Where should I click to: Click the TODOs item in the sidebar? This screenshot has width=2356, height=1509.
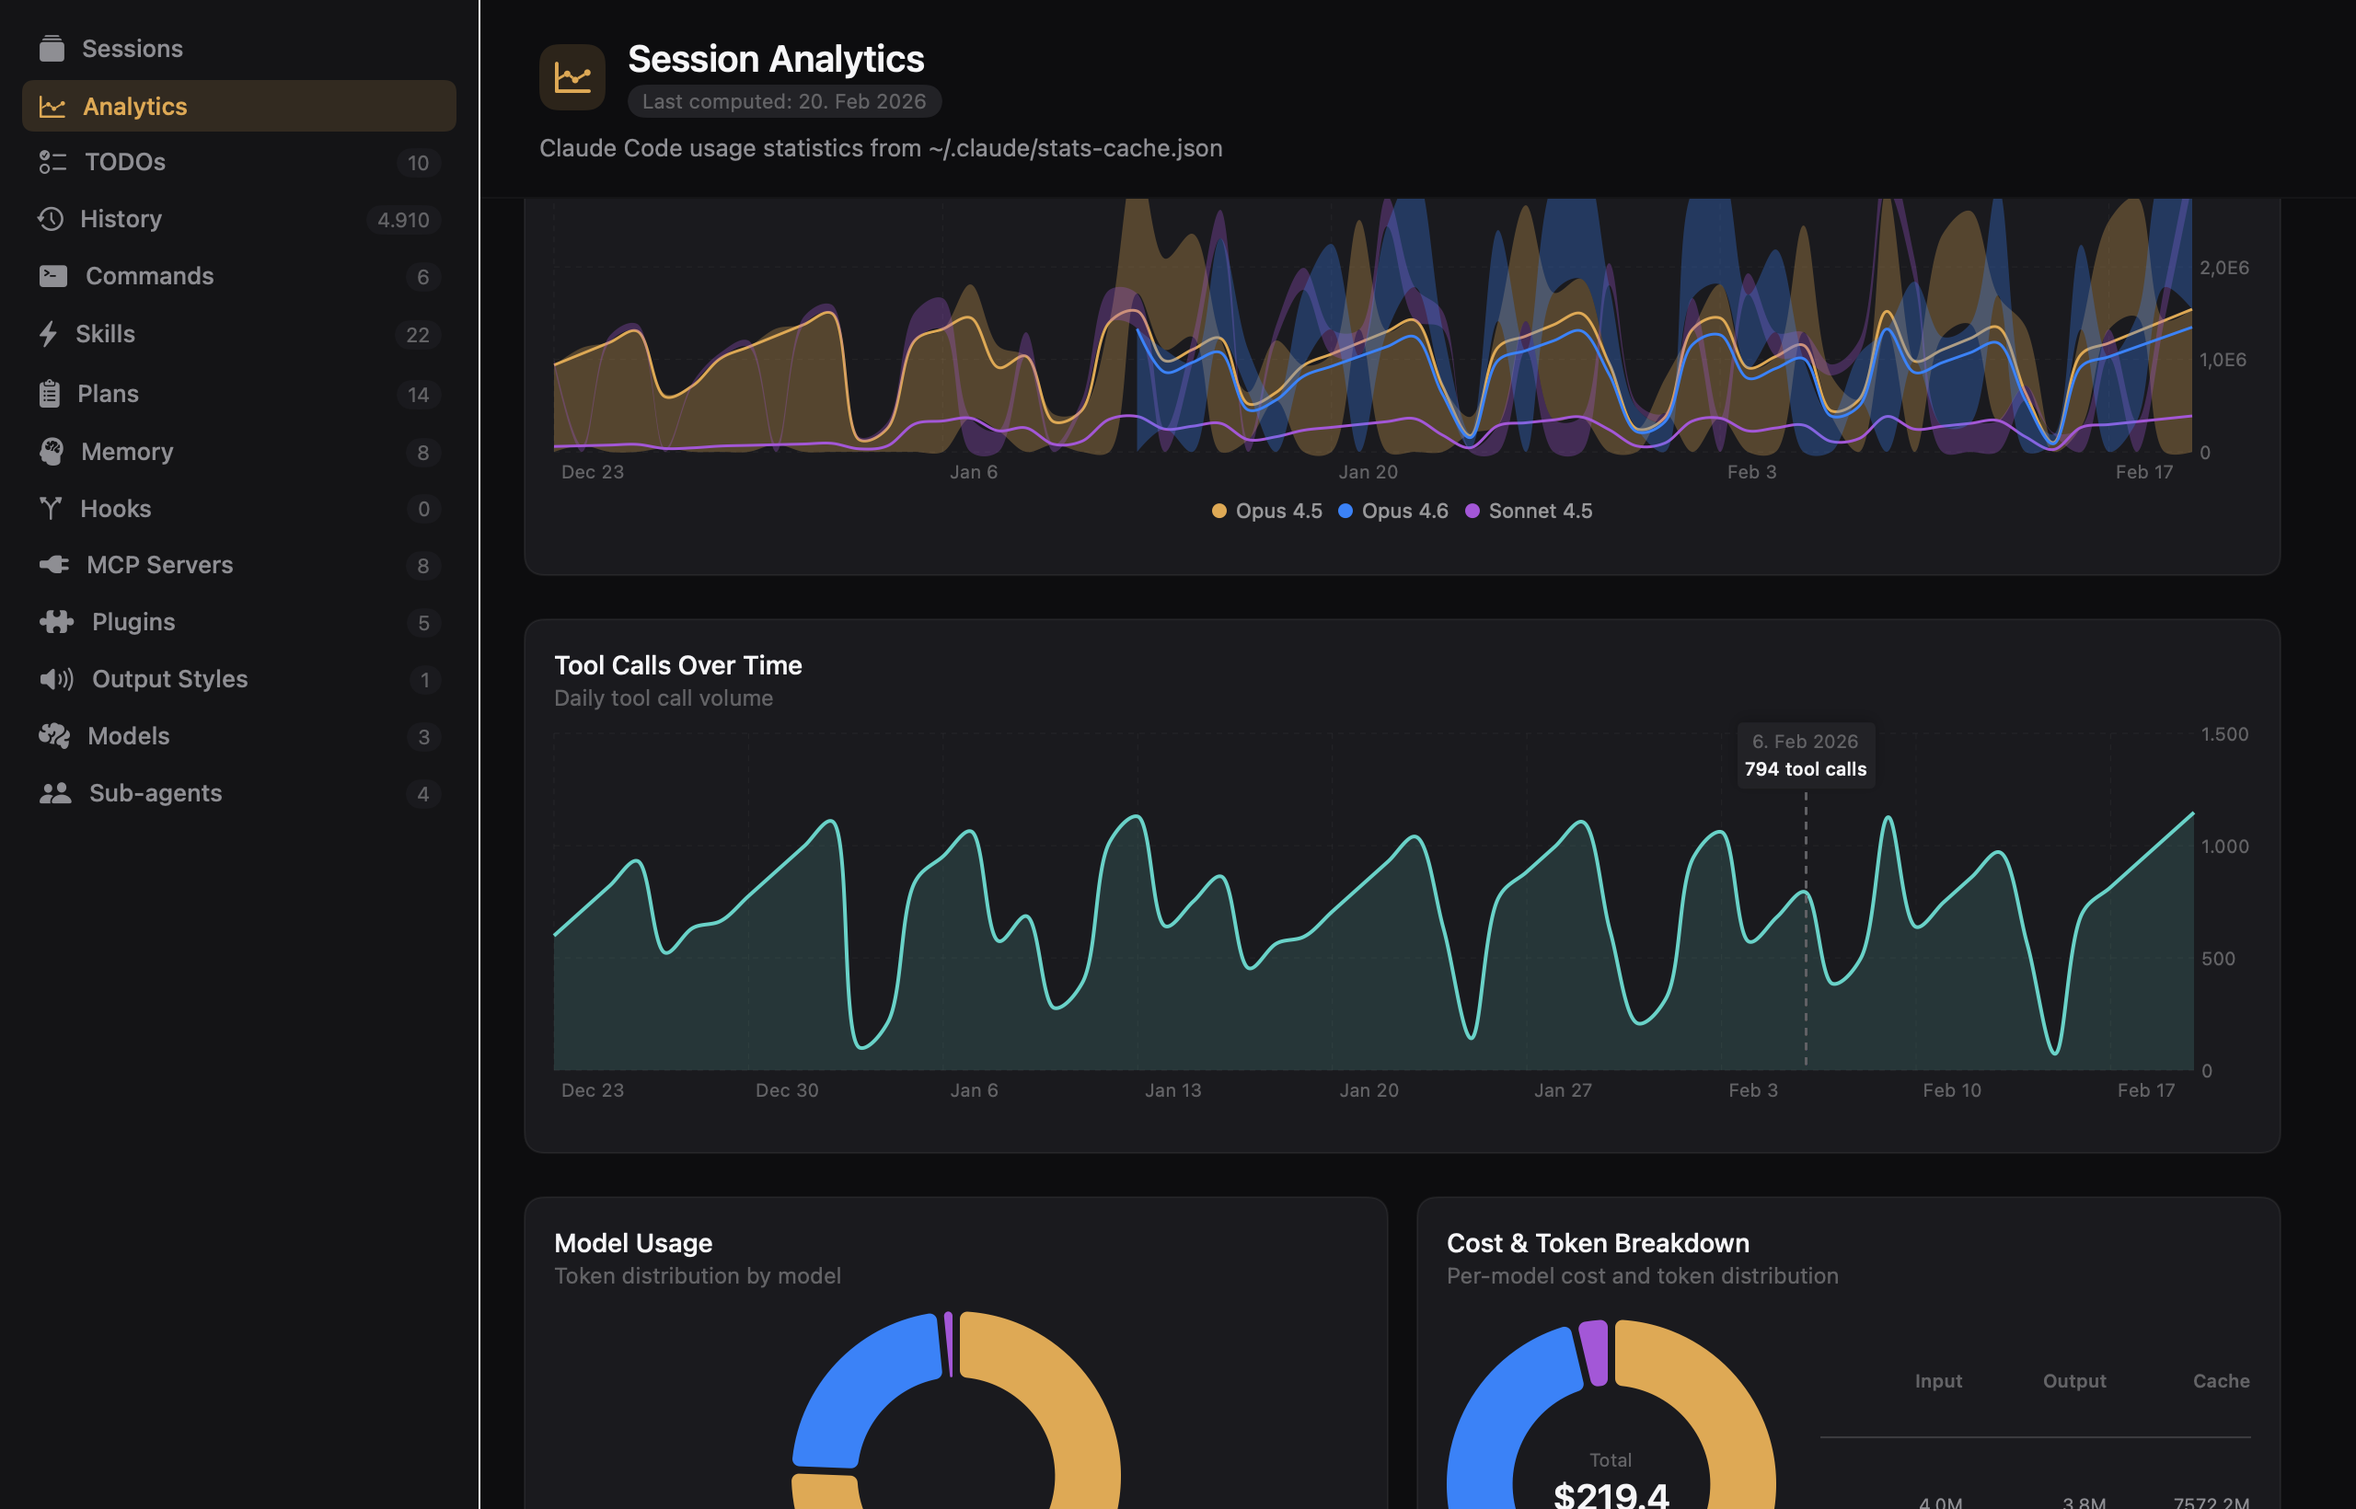pyautogui.click(x=124, y=162)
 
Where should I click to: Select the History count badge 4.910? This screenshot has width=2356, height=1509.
pyautogui.click(x=403, y=220)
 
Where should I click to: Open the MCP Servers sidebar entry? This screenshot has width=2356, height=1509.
pyautogui.click(x=159, y=564)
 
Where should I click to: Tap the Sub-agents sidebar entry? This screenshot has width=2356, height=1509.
pyautogui.click(x=155, y=793)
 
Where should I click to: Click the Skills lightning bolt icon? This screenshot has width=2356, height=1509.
pyautogui.click(x=48, y=333)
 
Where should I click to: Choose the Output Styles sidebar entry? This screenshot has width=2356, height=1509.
pyautogui.click(x=168, y=678)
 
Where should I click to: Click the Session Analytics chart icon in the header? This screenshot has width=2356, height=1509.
pyautogui.click(x=572, y=76)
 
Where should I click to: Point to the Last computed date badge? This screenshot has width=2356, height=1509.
pyautogui.click(x=783, y=101)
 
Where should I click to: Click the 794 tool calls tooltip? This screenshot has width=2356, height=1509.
pyautogui.click(x=1806, y=755)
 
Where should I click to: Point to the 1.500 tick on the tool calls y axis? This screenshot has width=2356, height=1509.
pyautogui.click(x=2223, y=734)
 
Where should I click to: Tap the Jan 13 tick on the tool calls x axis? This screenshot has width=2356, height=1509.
pyautogui.click(x=1172, y=1089)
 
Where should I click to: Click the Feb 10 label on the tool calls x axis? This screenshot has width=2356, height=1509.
pyautogui.click(x=1951, y=1089)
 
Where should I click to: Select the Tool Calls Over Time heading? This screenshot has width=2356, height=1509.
pyautogui.click(x=677, y=665)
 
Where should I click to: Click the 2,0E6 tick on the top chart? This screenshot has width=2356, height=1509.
pyautogui.click(x=2223, y=268)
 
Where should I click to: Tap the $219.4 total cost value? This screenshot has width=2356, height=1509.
pyautogui.click(x=1611, y=1494)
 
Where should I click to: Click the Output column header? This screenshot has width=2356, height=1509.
pyautogui.click(x=2073, y=1380)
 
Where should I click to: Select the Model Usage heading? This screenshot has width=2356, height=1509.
pyautogui.click(x=632, y=1242)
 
